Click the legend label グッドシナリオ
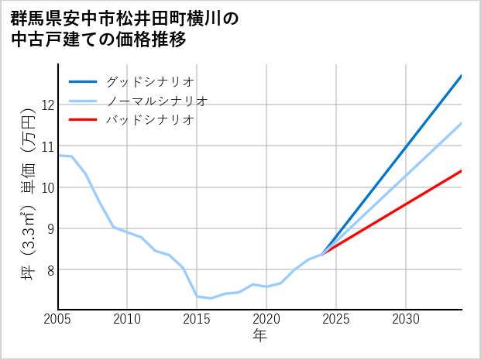click(x=149, y=81)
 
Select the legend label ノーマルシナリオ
click(x=156, y=101)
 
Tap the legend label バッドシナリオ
click(x=149, y=120)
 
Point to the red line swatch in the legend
click(x=84, y=120)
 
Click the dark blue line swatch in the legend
click(x=84, y=81)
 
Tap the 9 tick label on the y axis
click(x=50, y=228)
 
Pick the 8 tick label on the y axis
click(x=50, y=269)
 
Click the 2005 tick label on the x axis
click(x=58, y=319)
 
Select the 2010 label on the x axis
click(x=128, y=319)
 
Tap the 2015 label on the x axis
click(x=197, y=319)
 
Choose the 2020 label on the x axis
click(x=266, y=319)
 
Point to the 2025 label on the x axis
click(x=336, y=319)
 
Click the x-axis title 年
click(x=260, y=336)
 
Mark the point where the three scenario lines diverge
click(x=322, y=254)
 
